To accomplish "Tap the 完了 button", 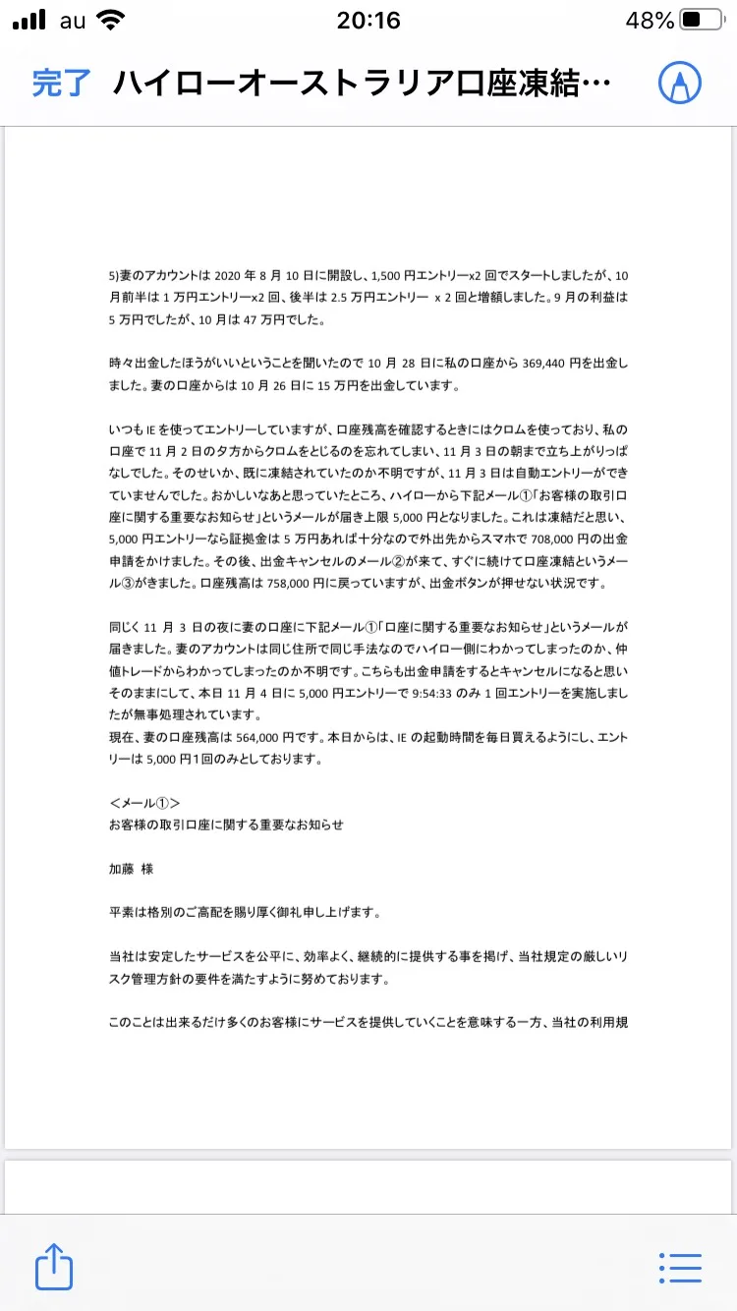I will pos(61,83).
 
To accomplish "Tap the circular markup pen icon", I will pos(680,83).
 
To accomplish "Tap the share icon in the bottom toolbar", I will pos(54,1267).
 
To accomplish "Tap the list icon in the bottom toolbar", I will pos(680,1267).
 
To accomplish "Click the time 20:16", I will pos(368,21).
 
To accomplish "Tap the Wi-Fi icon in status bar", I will pos(112,21).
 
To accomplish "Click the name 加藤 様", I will pos(131,869).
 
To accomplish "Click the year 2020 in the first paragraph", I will pos(227,275).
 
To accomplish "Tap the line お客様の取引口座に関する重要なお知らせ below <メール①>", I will pos(226,825).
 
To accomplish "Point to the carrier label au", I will pos(73,21).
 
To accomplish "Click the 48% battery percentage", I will pos(650,21).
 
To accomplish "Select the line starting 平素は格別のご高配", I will pos(245,913).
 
